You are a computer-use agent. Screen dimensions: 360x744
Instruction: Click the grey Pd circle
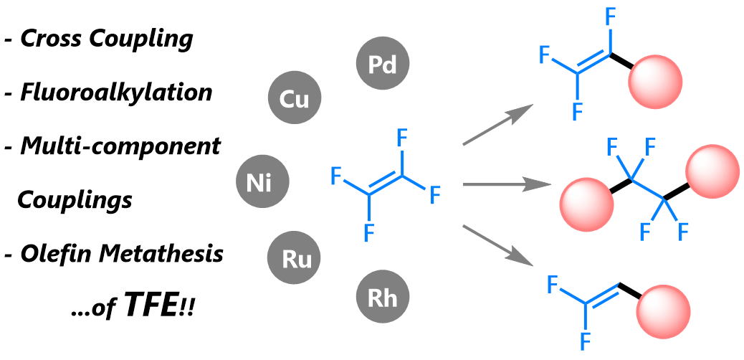pyautogui.click(x=382, y=65)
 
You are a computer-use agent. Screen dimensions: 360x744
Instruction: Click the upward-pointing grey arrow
pyautogui.click(x=497, y=125)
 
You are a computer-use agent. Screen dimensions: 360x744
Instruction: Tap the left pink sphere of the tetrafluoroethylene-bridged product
pyautogui.click(x=586, y=204)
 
